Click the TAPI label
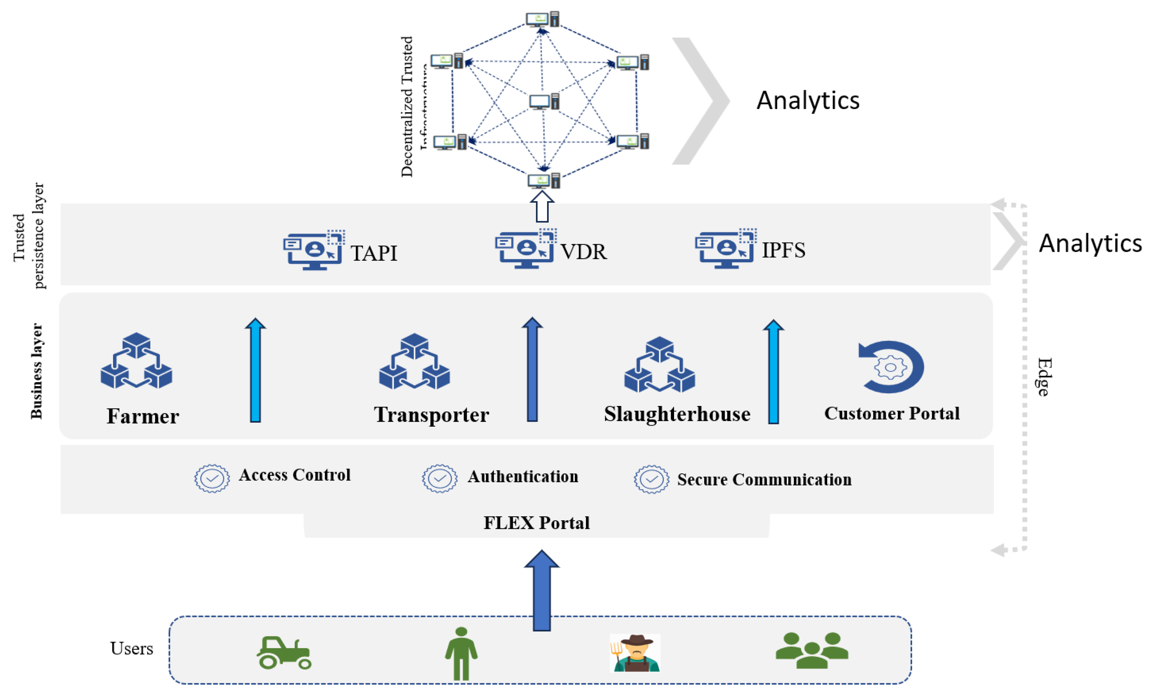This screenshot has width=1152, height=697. [x=374, y=253]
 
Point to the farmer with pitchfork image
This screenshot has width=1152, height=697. [x=635, y=653]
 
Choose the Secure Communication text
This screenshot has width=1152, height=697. [x=764, y=480]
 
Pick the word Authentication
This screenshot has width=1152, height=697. [x=523, y=477]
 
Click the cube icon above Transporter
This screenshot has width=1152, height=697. [x=414, y=361]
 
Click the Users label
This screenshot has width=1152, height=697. [x=131, y=649]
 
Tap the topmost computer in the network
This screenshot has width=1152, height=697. [x=542, y=19]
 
